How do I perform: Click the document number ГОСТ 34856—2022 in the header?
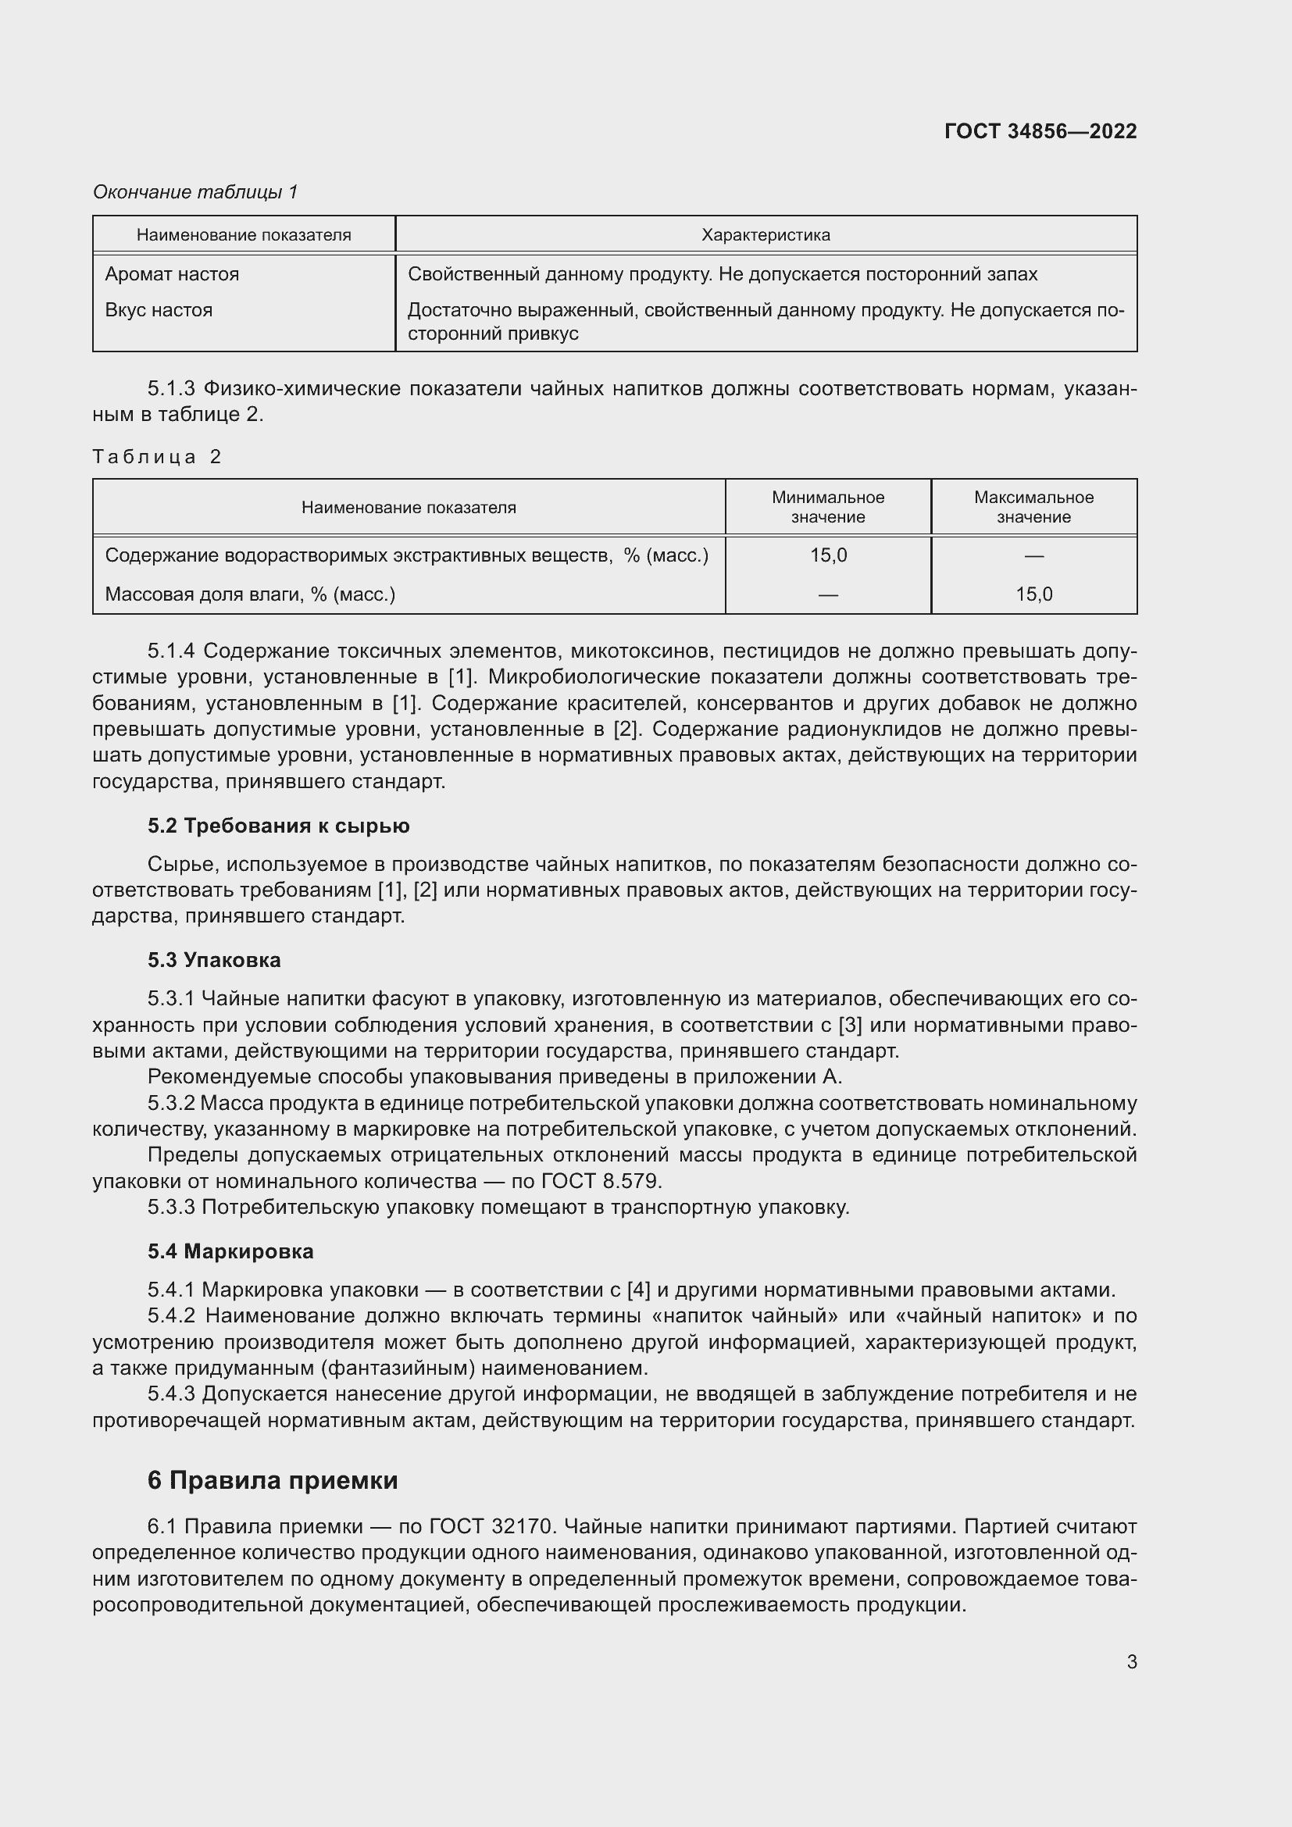point(1040,131)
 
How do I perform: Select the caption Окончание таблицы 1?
point(195,192)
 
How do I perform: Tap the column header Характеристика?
point(766,235)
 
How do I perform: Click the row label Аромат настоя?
point(172,274)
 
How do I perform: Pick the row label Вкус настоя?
point(159,310)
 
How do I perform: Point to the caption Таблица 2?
point(157,457)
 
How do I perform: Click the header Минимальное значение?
point(827,507)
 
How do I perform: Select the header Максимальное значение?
point(1033,507)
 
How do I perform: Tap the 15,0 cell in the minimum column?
point(828,555)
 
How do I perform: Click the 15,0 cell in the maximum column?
point(1033,594)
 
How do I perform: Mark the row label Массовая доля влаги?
point(250,594)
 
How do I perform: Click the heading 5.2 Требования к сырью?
point(278,826)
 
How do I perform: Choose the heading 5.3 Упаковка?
point(214,961)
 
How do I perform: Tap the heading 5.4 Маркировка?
point(230,1251)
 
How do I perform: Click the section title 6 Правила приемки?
point(272,1480)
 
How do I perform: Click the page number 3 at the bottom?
point(1131,1661)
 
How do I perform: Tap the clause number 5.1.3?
point(171,389)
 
